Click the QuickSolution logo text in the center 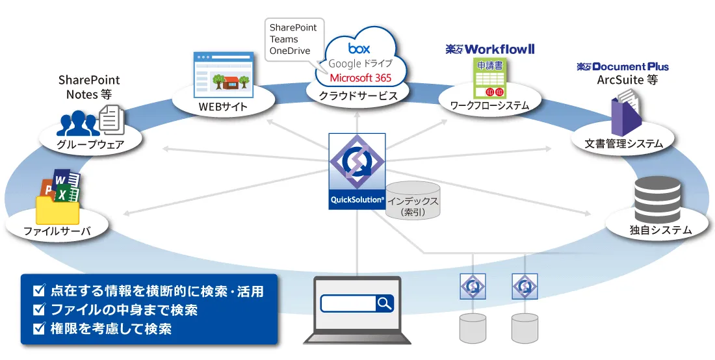(x=357, y=200)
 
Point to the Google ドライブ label (x=361, y=63)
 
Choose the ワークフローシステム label (x=489, y=105)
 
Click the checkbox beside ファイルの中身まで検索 (x=39, y=309)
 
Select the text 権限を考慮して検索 (x=110, y=329)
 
